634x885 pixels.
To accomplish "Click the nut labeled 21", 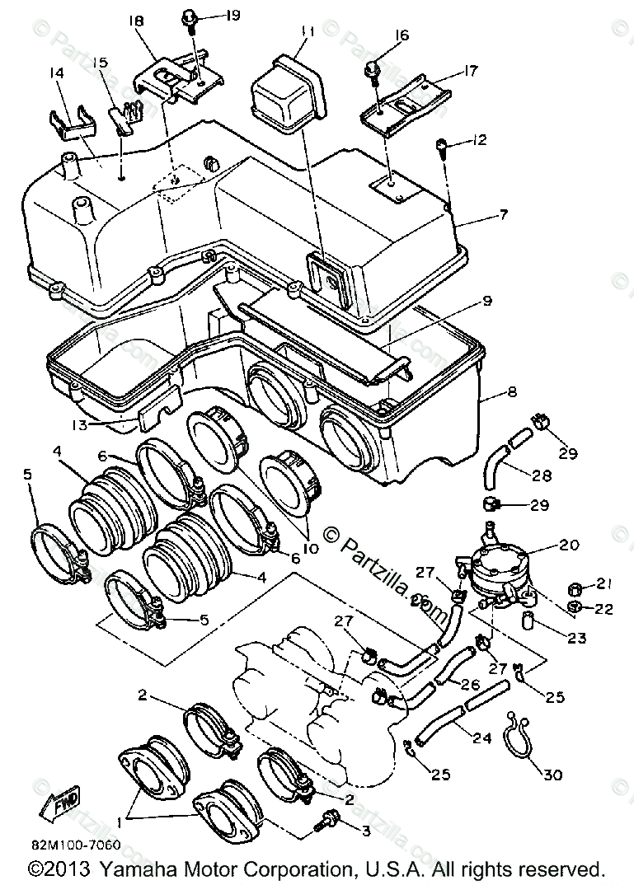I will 575,587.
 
